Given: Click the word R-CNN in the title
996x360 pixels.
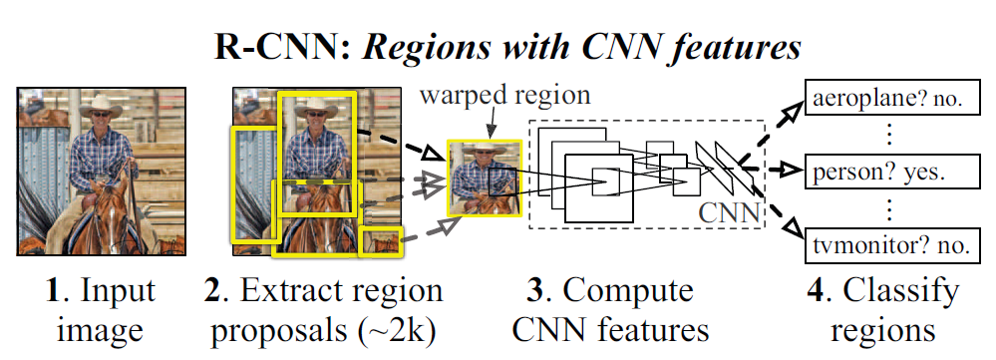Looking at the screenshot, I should [x=266, y=47].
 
